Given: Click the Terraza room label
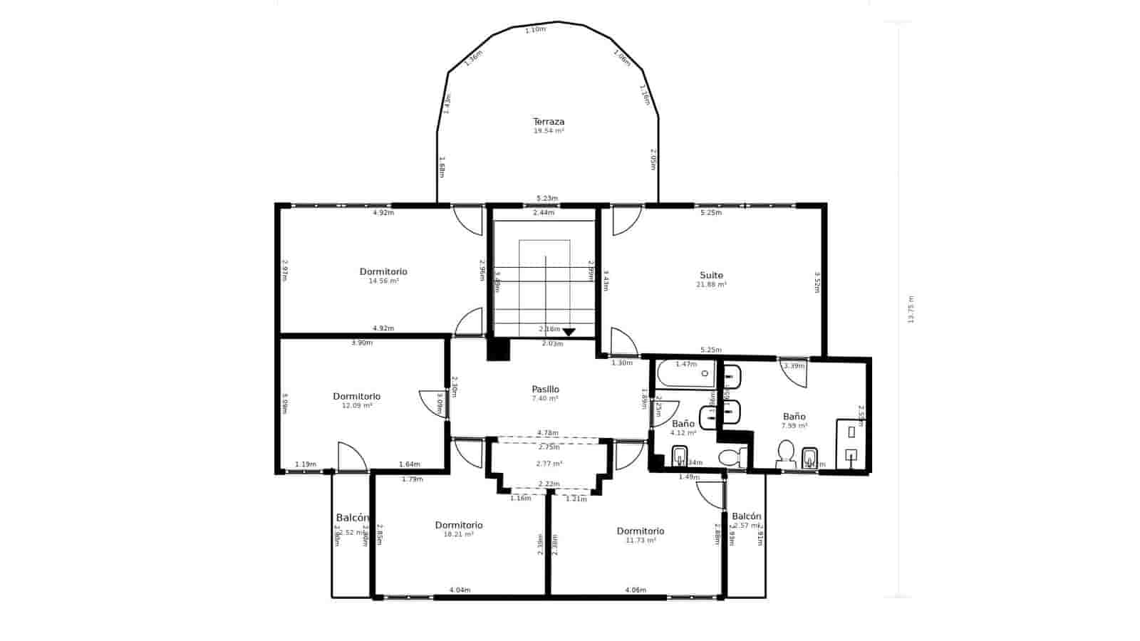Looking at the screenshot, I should pyautogui.click(x=549, y=122).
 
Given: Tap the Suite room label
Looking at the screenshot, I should pyautogui.click(x=711, y=275).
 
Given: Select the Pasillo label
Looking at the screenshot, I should pyautogui.click(x=545, y=389).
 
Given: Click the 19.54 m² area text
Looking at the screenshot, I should pyautogui.click(x=549, y=131).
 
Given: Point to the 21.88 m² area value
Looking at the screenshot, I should pyautogui.click(x=711, y=285).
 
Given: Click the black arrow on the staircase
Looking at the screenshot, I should pyautogui.click(x=569, y=332).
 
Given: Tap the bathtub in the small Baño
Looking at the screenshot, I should pyautogui.click(x=685, y=373).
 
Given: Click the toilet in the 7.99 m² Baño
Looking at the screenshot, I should pyautogui.click(x=785, y=452).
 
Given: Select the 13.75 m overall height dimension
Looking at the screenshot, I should pyautogui.click(x=911, y=310).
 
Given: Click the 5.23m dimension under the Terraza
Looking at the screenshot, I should pyautogui.click(x=547, y=199).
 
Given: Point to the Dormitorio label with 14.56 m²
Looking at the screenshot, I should pyautogui.click(x=383, y=271).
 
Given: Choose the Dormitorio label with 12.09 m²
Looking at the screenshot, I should pyautogui.click(x=356, y=396).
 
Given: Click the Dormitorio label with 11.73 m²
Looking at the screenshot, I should pyautogui.click(x=640, y=531).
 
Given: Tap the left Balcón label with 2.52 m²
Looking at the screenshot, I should pyautogui.click(x=352, y=518).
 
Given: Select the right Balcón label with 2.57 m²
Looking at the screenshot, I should pyautogui.click(x=746, y=516).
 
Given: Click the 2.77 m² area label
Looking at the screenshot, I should pyautogui.click(x=549, y=464).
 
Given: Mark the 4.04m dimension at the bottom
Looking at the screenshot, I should pyautogui.click(x=460, y=590).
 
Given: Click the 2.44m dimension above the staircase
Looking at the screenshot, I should pyautogui.click(x=544, y=213).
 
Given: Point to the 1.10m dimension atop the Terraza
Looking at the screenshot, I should pyautogui.click(x=535, y=30).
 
